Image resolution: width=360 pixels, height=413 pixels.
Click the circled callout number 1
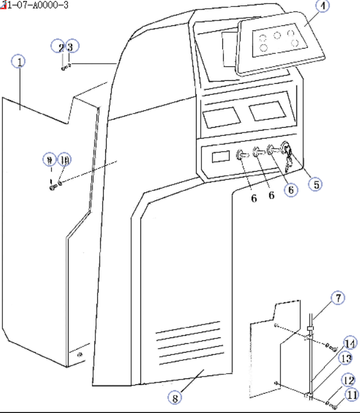click(x=20, y=62)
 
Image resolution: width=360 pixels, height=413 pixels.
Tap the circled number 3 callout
click(x=69, y=47)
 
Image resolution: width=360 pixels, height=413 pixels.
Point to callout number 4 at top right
click(x=323, y=6)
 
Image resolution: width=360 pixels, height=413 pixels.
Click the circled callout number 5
click(x=316, y=184)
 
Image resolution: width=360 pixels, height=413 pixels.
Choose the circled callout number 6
click(x=290, y=189)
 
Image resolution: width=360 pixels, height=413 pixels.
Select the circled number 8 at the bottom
click(x=174, y=397)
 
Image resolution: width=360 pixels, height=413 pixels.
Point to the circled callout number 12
click(x=348, y=379)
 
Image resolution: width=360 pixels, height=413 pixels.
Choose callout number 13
click(x=347, y=359)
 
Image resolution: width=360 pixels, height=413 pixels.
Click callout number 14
click(x=349, y=343)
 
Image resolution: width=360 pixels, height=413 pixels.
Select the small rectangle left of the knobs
click(x=221, y=156)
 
